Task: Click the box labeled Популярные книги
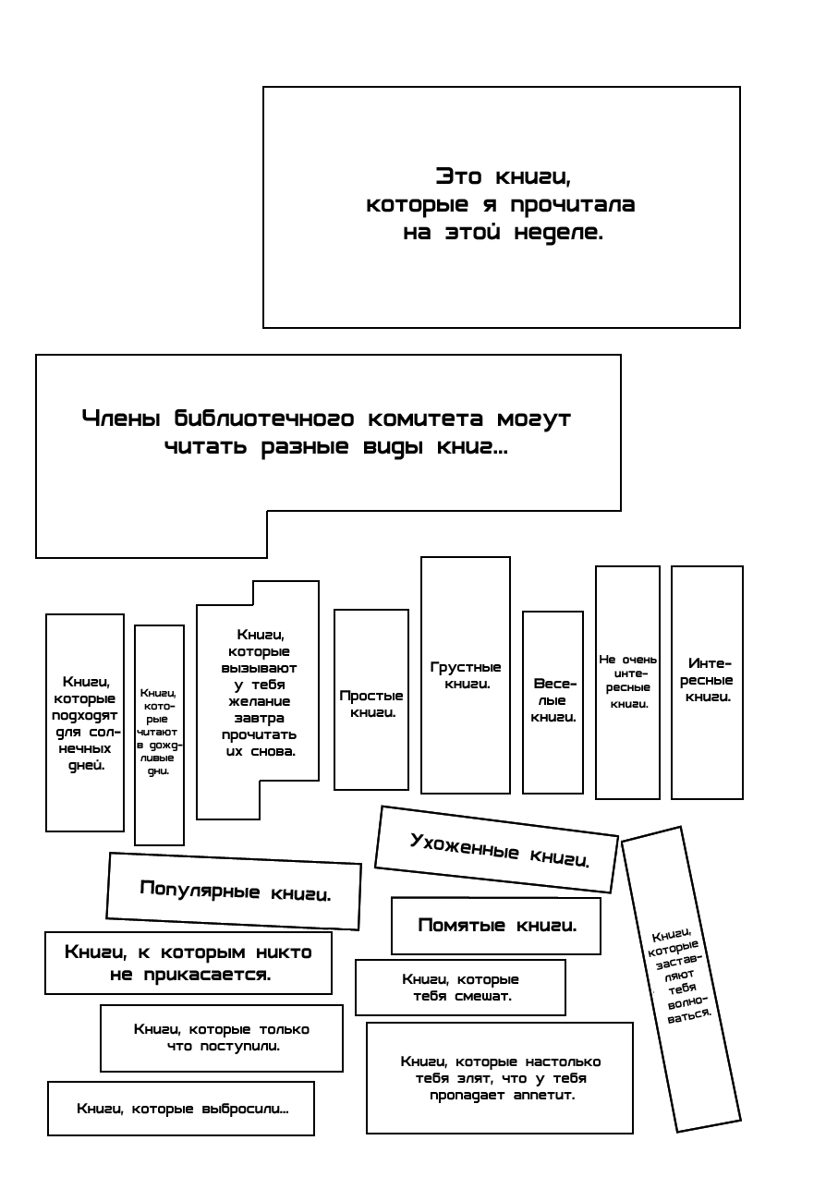click(x=234, y=892)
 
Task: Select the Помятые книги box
click(x=496, y=925)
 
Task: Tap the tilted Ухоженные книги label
click(x=497, y=849)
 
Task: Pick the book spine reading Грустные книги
click(x=466, y=675)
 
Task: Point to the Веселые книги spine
click(x=553, y=701)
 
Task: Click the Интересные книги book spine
click(x=708, y=681)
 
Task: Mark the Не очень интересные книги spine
click(x=628, y=681)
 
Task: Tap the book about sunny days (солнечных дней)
click(x=85, y=722)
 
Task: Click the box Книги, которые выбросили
click(x=181, y=1108)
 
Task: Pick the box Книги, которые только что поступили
click(x=221, y=1037)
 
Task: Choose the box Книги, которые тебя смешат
click(x=460, y=987)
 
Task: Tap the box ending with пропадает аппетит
click(x=500, y=1077)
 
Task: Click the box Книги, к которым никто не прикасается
click(x=188, y=962)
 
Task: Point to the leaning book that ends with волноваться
click(x=681, y=975)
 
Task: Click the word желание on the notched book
click(x=259, y=701)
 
